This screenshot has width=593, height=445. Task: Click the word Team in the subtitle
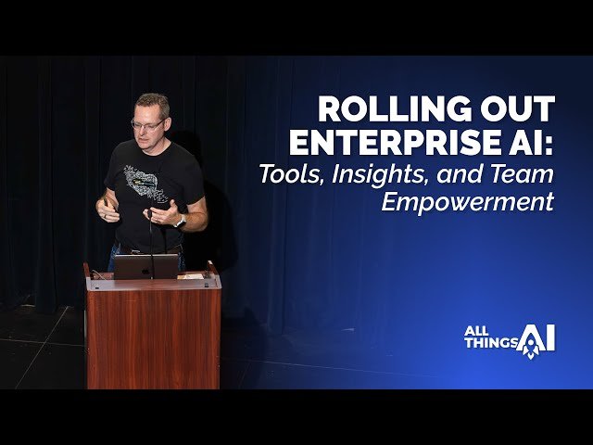(521, 172)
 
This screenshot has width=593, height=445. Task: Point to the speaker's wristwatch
(180, 221)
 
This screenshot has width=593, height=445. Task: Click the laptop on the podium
(145, 266)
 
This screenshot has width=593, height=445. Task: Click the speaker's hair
(151, 103)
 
